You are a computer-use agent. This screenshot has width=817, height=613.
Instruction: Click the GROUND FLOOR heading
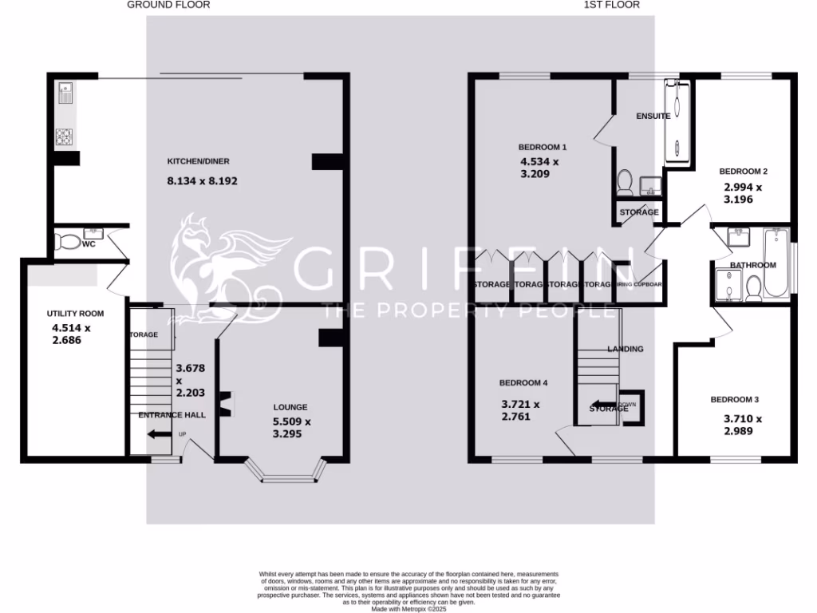pyautogui.click(x=168, y=5)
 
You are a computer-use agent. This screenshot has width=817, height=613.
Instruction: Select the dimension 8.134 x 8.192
pyautogui.click(x=202, y=181)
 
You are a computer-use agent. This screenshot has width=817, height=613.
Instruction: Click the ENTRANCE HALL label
pyautogui.click(x=172, y=415)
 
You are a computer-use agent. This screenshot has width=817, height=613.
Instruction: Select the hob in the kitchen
pyautogui.click(x=64, y=137)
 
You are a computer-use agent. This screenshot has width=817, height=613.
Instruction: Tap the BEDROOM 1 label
pyautogui.click(x=543, y=147)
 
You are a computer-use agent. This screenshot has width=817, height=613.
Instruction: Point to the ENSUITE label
pyautogui.click(x=653, y=116)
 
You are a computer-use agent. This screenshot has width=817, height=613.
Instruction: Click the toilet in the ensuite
pyautogui.click(x=625, y=183)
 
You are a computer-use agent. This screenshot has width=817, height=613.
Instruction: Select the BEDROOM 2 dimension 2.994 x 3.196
pyautogui.click(x=743, y=193)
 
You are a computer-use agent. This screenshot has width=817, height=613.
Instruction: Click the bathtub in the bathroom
pyautogui.click(x=775, y=263)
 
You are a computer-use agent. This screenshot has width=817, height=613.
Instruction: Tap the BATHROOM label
pyautogui.click(x=752, y=265)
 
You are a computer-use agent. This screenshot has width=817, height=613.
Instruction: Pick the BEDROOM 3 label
pyautogui.click(x=733, y=399)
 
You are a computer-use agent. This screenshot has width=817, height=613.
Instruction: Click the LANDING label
pyautogui.click(x=626, y=349)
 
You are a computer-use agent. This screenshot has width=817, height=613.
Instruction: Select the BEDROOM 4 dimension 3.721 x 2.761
pyautogui.click(x=520, y=410)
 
